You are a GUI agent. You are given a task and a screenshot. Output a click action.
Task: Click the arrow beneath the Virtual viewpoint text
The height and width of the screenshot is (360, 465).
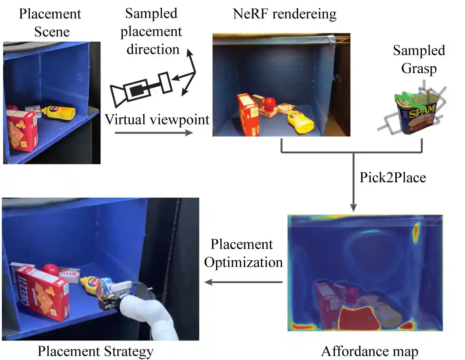[154, 132]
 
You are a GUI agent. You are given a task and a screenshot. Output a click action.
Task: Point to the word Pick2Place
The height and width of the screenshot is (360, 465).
[393, 177]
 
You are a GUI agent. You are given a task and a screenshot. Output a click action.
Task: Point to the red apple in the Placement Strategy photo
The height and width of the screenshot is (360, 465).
[50, 269]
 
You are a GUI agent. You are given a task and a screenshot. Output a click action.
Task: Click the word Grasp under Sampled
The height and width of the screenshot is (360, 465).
[419, 69]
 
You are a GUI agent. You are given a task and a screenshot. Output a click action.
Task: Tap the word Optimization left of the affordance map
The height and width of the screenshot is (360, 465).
[243, 262]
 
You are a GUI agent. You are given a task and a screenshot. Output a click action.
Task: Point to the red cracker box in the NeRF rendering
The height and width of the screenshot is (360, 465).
[247, 114]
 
